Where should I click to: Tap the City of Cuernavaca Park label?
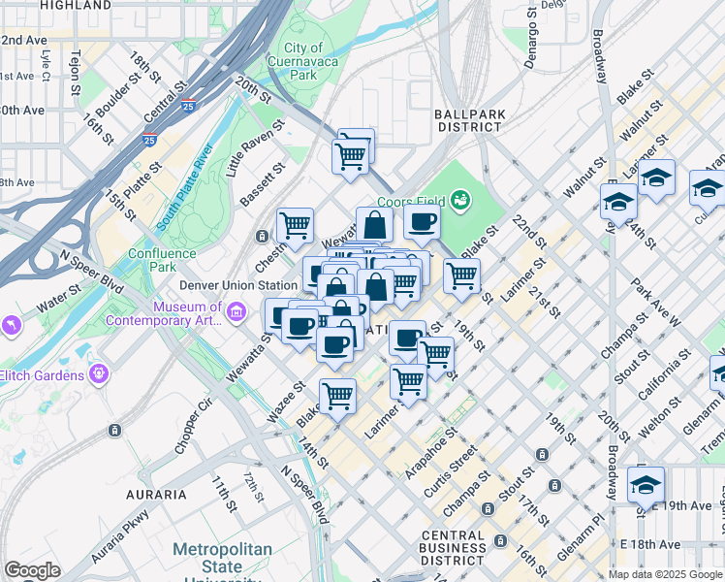pos(303,61)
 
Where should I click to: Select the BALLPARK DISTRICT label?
pos(471,120)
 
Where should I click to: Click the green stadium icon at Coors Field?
pos(459,202)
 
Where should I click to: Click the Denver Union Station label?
pos(238,286)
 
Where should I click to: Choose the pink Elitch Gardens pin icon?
pos(97,373)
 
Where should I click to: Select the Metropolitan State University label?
pos(222,560)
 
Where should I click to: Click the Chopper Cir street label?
pos(194,428)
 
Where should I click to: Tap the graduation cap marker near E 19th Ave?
pos(646,484)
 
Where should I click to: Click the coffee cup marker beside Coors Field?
pos(422,221)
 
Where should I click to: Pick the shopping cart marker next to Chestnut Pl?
pos(295,226)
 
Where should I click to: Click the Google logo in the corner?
pos(32,570)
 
